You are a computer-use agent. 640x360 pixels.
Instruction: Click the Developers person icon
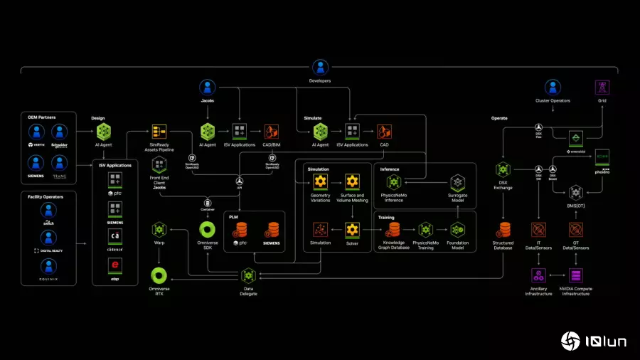[320, 68]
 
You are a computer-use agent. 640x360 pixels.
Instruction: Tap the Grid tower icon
[602, 87]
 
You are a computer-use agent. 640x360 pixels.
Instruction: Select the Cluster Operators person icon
[553, 87]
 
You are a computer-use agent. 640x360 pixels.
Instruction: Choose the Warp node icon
[159, 230]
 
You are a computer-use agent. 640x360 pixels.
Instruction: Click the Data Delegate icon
[248, 275]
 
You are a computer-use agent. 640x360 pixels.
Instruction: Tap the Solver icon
[352, 230]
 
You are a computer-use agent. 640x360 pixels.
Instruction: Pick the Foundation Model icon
[458, 230]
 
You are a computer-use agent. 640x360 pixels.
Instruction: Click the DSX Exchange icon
[503, 169]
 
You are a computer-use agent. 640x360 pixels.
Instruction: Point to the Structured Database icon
[503, 230]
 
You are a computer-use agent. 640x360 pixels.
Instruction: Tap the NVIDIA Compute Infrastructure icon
[576, 275]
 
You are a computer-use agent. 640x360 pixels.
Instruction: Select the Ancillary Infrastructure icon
[538, 275]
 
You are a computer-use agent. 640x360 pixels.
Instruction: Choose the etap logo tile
[114, 266]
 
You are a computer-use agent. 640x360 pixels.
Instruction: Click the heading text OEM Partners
[43, 117]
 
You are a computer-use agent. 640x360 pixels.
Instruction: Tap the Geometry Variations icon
[320, 181]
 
